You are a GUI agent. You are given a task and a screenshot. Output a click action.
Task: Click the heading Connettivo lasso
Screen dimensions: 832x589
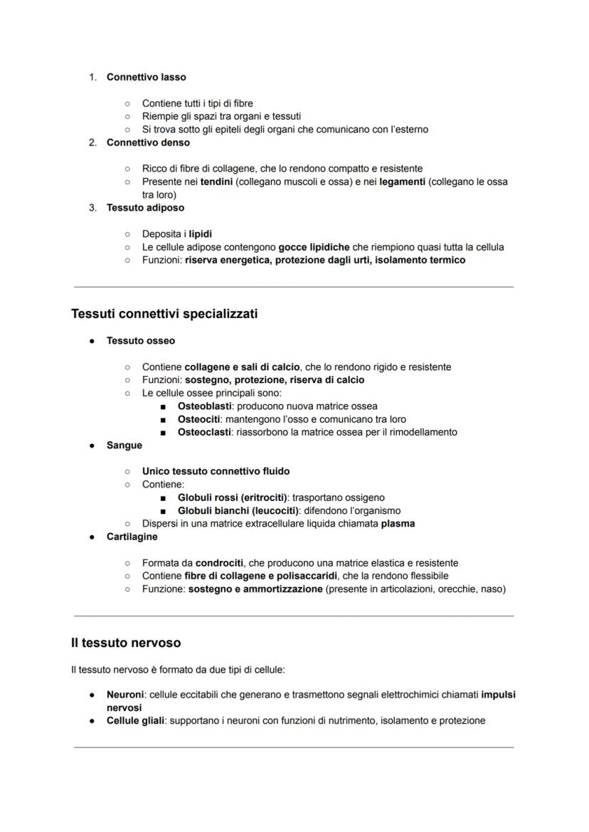[146, 77]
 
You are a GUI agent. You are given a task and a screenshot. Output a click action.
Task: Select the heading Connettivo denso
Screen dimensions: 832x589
[148, 142]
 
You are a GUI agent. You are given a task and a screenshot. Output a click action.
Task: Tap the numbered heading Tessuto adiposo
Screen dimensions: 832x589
[145, 208]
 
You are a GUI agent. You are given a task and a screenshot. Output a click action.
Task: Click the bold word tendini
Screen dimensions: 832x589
[216, 181]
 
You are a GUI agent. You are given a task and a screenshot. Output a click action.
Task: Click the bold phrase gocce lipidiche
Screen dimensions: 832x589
[314, 247]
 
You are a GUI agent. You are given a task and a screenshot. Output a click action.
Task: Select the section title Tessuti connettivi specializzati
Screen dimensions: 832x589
[164, 314]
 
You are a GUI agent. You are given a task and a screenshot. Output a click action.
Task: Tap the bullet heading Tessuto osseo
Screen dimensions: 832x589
[140, 341]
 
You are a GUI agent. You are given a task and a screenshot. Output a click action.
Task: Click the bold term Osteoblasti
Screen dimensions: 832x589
[204, 406]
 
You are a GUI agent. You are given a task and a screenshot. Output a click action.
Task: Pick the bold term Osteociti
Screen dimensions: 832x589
[199, 419]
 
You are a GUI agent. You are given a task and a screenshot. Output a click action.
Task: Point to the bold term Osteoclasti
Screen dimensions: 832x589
[204, 432]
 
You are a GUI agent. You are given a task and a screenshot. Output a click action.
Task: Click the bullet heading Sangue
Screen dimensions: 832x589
[124, 446]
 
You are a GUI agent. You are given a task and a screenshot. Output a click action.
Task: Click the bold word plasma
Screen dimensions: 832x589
[398, 523]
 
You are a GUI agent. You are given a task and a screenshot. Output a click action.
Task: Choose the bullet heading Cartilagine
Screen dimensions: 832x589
[132, 537]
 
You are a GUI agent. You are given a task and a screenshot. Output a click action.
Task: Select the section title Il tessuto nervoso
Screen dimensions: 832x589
[126, 643]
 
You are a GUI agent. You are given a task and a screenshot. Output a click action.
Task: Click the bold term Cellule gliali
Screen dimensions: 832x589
[135, 720]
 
